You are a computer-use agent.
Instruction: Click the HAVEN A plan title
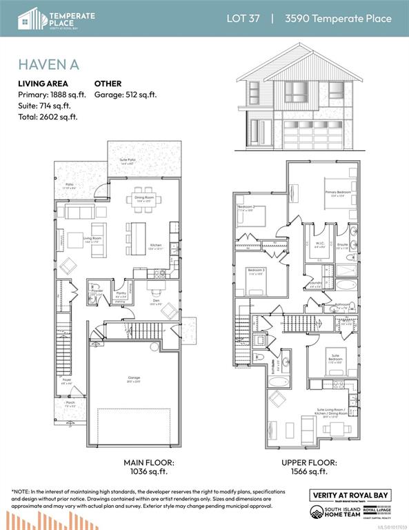tap(49, 64)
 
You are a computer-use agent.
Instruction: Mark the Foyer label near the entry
tap(68, 380)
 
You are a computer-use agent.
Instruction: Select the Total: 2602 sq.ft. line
tap(48, 117)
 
